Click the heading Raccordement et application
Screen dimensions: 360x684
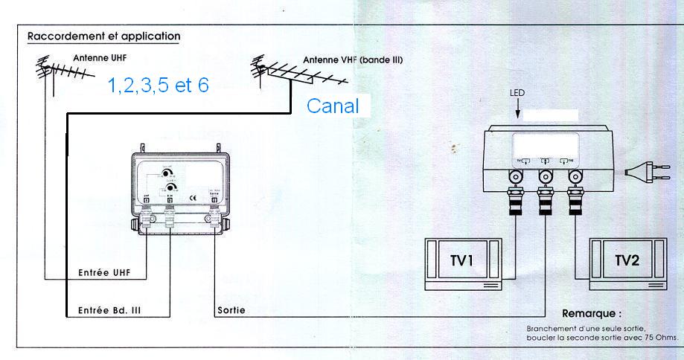click(x=103, y=36)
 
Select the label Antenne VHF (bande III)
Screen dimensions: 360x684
click(x=353, y=60)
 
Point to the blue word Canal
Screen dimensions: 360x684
click(x=333, y=106)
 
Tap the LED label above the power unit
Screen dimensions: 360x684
click(x=518, y=94)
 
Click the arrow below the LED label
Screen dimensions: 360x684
click(x=518, y=110)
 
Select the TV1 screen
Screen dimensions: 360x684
click(x=463, y=262)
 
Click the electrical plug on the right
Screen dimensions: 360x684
click(x=640, y=173)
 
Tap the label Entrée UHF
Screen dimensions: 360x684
click(x=104, y=273)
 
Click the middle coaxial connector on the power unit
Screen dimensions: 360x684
click(x=545, y=177)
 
